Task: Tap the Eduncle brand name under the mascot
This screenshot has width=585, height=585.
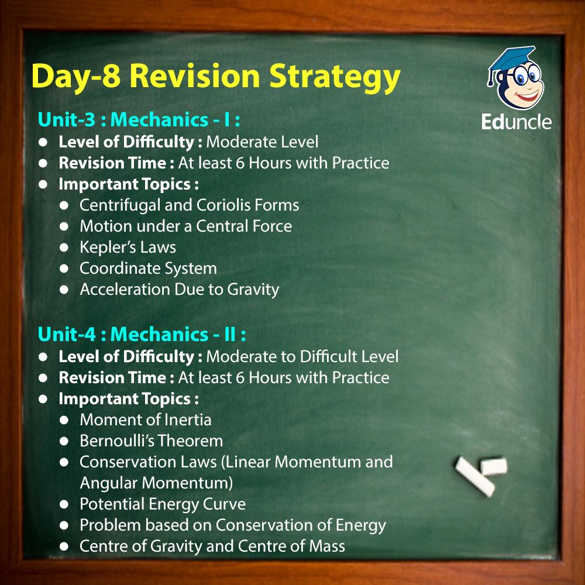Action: [516, 122]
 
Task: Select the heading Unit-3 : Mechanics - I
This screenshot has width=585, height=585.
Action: [139, 120]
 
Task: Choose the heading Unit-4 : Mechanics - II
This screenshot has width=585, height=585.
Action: [142, 334]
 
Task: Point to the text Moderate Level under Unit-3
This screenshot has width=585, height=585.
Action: [262, 142]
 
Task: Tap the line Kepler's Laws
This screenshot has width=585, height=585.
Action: [128, 247]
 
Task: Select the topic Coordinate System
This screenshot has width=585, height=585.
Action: [148, 269]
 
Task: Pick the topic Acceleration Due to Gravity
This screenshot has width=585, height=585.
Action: [180, 290]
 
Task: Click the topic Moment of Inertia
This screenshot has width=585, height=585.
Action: [146, 420]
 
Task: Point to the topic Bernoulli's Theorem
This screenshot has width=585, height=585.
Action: [151, 441]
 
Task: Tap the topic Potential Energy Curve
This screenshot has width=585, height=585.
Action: [163, 504]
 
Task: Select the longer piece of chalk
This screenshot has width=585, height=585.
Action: [475, 477]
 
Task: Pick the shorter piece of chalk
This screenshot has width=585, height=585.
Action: [494, 467]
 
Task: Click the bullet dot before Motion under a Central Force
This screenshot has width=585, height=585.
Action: [64, 226]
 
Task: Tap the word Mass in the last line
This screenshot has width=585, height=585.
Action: [327, 546]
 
